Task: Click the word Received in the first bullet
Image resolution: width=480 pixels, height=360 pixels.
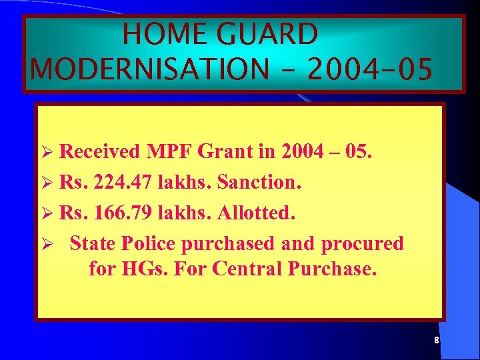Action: coord(100,152)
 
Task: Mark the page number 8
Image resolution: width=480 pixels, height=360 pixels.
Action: coord(436,341)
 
